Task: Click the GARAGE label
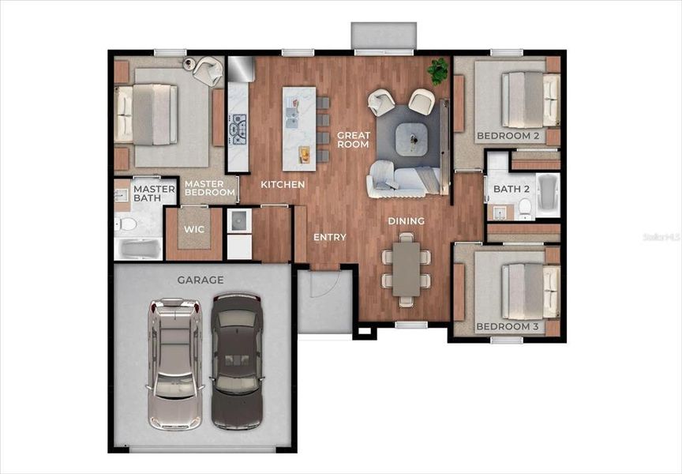click(x=200, y=280)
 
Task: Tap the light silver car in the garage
click(x=174, y=363)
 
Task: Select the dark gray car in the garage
click(x=235, y=360)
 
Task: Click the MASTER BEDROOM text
click(x=210, y=188)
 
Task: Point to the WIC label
click(x=194, y=229)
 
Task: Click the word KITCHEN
click(x=283, y=184)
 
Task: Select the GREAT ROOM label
click(x=354, y=140)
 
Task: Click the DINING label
click(x=406, y=220)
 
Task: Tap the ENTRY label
click(x=329, y=237)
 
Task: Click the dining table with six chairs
click(x=406, y=269)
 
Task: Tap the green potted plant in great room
click(x=437, y=71)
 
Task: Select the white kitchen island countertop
click(x=299, y=128)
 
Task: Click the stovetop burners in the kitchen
click(x=238, y=126)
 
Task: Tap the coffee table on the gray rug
click(x=413, y=139)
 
